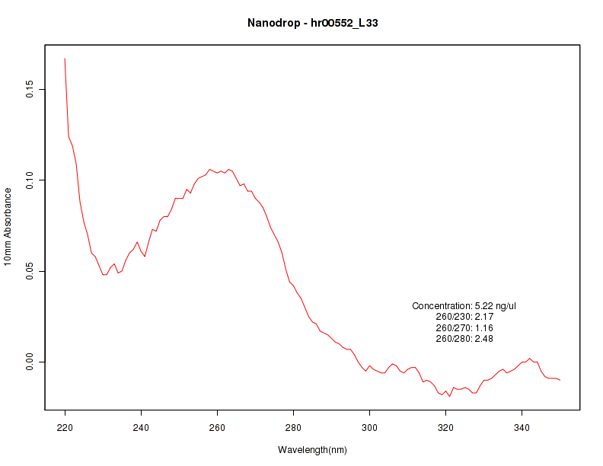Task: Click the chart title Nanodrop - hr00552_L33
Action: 312,23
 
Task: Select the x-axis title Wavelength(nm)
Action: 312,450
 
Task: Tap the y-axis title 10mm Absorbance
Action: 8,226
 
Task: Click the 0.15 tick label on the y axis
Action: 30,90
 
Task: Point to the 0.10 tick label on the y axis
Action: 30,180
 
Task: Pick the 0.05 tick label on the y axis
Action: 30,271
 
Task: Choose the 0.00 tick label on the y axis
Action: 30,362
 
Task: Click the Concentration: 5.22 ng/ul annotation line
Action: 464,306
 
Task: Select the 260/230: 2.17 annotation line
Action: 464,317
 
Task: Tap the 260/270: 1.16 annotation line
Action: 464,328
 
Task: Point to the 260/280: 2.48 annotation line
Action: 464,339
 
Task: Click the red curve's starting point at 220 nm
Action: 65,59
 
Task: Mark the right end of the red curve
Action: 560,379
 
